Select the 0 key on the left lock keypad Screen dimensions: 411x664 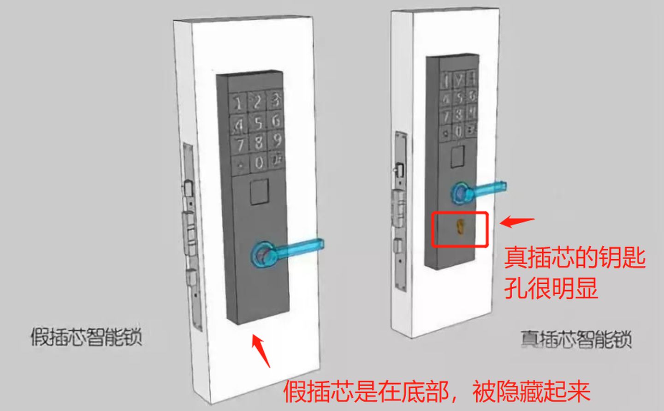pyautogui.click(x=259, y=162)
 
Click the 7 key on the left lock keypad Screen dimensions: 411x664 pyautogui.click(x=240, y=144)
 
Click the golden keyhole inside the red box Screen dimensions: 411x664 pyautogui.click(x=460, y=226)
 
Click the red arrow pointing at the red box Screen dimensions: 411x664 pyautogui.click(x=516, y=222)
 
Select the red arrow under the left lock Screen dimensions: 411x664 pyautogui.click(x=261, y=351)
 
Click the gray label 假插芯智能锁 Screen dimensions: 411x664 pyautogui.click(x=86, y=337)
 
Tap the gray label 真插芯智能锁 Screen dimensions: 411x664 pyautogui.click(x=576, y=340)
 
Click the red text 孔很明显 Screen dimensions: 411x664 pyautogui.click(x=551, y=288)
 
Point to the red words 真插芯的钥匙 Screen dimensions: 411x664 pyautogui.click(x=575, y=257)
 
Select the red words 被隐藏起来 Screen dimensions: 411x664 pyautogui.click(x=532, y=392)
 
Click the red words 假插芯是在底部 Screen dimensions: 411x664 pyautogui.click(x=366, y=392)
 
